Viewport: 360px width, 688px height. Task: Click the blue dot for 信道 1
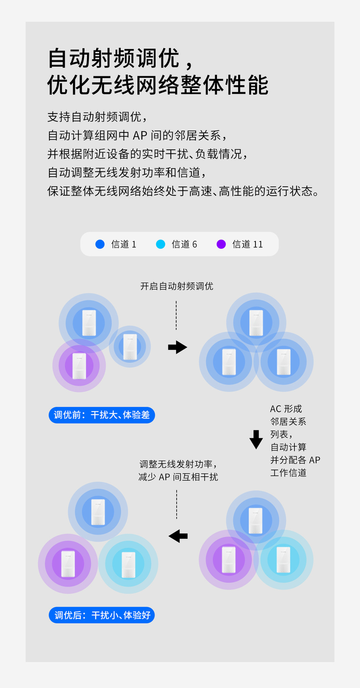(100, 244)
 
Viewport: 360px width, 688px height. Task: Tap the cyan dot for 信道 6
(160, 244)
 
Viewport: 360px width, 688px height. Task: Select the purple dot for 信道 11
(221, 244)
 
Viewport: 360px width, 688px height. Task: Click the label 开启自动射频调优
(177, 286)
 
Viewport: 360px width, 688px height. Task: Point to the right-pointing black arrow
(178, 347)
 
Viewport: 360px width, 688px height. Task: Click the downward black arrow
(256, 439)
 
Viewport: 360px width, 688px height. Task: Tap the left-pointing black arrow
(178, 536)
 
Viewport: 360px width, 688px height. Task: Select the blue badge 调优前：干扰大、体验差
(102, 415)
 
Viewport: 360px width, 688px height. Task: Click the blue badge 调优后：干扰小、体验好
(102, 615)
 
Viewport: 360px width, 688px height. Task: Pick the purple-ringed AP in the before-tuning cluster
(79, 366)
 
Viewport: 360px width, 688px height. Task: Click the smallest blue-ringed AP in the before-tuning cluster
(130, 347)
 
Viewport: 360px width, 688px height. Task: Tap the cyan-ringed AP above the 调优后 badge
(128, 564)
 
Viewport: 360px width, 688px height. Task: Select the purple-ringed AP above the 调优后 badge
(68, 564)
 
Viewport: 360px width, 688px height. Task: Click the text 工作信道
(288, 473)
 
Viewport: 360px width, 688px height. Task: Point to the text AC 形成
(286, 409)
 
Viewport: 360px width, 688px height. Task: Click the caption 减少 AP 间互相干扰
(178, 477)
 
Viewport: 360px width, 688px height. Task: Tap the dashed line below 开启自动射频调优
(176, 315)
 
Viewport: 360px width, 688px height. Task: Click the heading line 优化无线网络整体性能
(158, 85)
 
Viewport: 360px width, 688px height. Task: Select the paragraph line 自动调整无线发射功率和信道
(127, 173)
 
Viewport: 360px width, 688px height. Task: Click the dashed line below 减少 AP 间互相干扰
(177, 505)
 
